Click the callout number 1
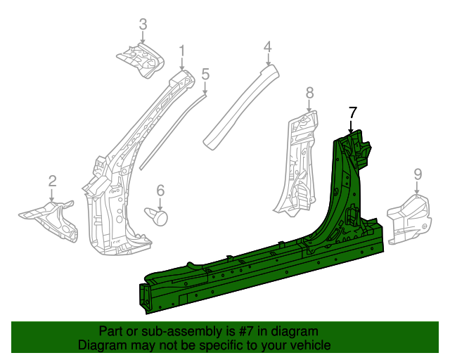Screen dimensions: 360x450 [x=181, y=51]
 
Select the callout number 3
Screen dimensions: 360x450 [x=143, y=26]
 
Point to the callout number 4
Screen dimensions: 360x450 [x=267, y=47]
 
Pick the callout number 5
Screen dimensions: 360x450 [x=205, y=74]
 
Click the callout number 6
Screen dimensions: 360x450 [x=160, y=190]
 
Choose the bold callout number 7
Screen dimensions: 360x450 [x=352, y=111]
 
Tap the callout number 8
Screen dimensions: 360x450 [x=309, y=92]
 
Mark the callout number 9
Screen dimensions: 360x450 [x=417, y=174]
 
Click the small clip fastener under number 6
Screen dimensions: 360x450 [x=158, y=214]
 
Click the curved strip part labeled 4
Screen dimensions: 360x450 [x=239, y=105]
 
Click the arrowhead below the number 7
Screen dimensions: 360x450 [x=352, y=130]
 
